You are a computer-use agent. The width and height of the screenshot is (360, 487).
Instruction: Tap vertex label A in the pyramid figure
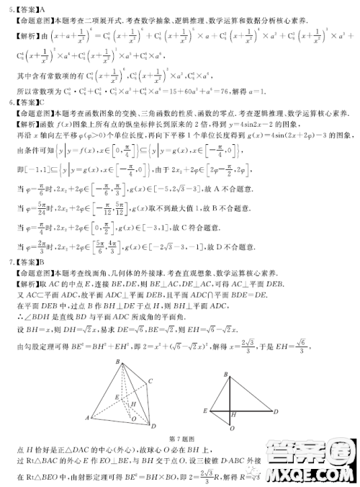coord(87,417)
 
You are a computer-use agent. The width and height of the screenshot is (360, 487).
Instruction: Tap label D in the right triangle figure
coord(277,411)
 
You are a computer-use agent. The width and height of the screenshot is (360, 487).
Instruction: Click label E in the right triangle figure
coord(205,410)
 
